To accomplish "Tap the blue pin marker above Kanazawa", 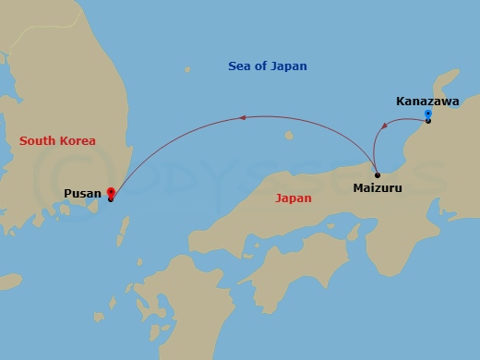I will (x=427, y=114).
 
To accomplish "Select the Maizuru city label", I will (x=377, y=187).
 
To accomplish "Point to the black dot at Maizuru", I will (x=377, y=174).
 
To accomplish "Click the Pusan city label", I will (x=82, y=193).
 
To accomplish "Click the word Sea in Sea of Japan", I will (x=240, y=66).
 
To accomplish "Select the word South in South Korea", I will (x=38, y=141).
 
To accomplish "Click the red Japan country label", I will (x=294, y=198).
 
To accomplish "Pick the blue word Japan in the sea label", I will (x=290, y=66).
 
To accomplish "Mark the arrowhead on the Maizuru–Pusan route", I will (x=243, y=117).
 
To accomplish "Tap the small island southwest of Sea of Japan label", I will (x=187, y=69).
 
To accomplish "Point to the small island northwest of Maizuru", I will (x=289, y=137).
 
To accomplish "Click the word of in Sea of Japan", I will (x=262, y=66).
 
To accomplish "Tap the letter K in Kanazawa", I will (x=401, y=101).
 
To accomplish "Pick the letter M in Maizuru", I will (x=358, y=187).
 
